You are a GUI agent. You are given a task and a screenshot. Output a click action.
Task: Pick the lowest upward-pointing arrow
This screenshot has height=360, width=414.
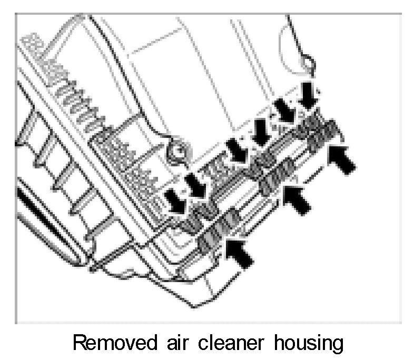coord(240,252)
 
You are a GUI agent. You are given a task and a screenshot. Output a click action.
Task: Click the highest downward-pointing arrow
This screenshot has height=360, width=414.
coord(308,93)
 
